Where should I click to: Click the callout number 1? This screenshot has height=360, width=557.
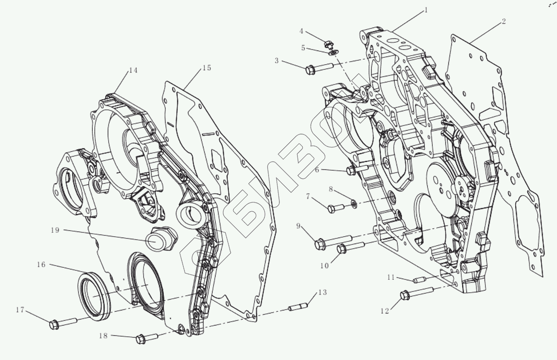[x=426, y=10]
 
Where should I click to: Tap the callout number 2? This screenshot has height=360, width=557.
[x=504, y=22]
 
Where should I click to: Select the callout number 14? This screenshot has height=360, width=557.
[x=133, y=70]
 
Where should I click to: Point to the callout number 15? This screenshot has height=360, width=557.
[x=207, y=68]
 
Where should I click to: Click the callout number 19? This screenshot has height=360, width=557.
[x=55, y=230]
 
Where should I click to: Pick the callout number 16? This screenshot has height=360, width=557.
[x=41, y=265]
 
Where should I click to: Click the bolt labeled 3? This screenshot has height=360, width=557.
[x=319, y=68]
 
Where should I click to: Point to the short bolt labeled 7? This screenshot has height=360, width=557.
[x=335, y=208]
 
